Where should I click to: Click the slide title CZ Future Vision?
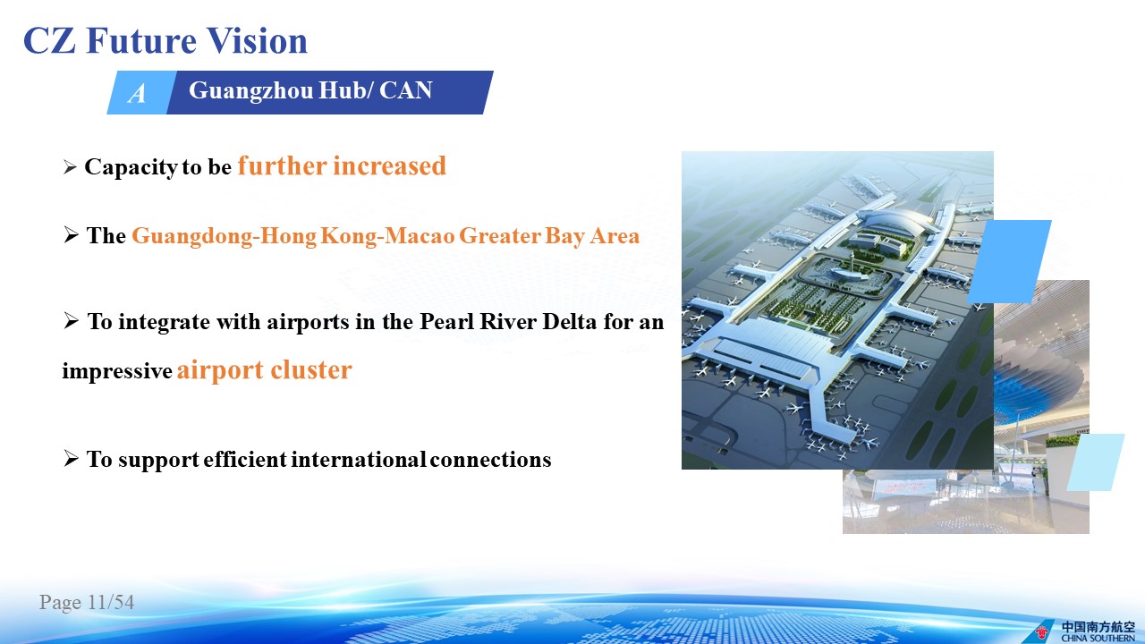coord(165,40)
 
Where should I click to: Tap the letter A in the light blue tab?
coord(137,94)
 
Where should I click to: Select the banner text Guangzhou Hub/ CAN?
coord(310,90)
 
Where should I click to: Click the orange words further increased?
coord(342,165)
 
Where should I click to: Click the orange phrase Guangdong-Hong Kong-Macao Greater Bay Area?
coord(386,236)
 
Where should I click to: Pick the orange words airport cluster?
coord(264,370)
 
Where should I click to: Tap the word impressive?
coord(117,371)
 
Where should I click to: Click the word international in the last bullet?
coord(358,459)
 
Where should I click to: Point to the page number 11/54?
coord(111,602)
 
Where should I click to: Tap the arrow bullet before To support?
coord(71,458)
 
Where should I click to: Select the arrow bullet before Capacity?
coord(70,167)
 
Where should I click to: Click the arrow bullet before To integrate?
coord(71,321)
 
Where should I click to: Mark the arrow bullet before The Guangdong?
coord(71,234)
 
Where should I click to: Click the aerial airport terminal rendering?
coord(837,309)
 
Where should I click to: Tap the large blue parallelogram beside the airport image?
coord(1009,262)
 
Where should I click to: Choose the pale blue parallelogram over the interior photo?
coord(1096,462)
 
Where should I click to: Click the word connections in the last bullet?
coord(490,459)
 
